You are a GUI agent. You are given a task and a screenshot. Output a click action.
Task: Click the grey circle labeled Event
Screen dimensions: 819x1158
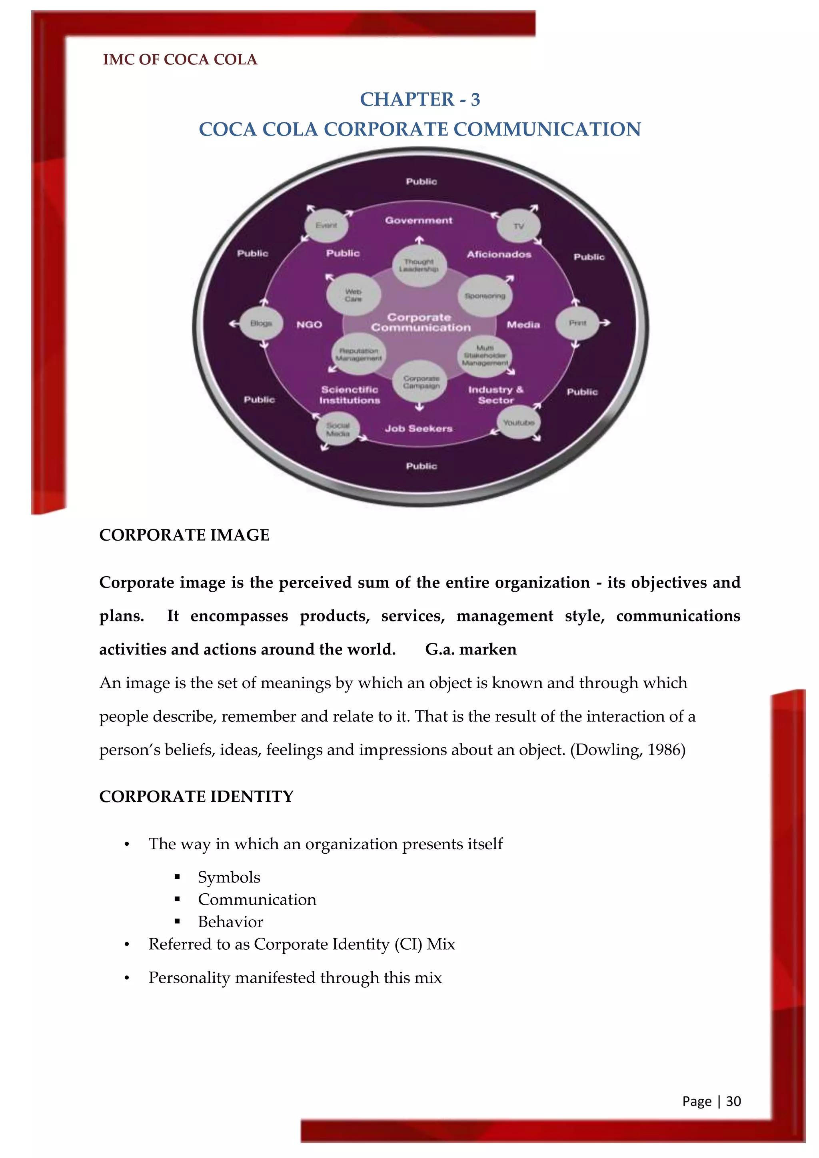[x=326, y=226]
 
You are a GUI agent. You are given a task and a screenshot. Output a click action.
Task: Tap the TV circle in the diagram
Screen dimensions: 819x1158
[x=518, y=226]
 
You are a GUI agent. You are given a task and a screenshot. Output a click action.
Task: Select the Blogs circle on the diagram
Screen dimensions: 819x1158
[x=261, y=323]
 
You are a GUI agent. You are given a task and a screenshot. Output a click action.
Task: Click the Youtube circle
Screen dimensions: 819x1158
[x=518, y=423]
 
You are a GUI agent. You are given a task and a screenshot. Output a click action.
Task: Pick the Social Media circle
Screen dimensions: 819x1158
[x=338, y=430]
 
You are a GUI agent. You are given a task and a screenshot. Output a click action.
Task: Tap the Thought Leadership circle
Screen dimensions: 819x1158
[x=419, y=265]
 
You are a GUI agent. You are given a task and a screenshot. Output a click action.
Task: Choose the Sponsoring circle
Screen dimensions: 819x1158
[x=485, y=296]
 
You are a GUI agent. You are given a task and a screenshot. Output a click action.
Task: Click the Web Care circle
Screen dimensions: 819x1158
[x=353, y=295]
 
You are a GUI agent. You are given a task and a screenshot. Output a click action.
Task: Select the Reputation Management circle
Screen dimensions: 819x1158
[x=359, y=354]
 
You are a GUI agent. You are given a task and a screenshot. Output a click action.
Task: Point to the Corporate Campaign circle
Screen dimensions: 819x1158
[x=421, y=382]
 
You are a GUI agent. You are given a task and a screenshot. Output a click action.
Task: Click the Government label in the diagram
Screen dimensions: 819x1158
[x=419, y=220]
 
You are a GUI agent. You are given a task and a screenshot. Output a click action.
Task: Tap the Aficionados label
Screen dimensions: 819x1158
[x=499, y=254]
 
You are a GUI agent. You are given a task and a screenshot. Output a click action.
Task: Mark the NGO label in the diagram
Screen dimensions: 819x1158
[x=309, y=324]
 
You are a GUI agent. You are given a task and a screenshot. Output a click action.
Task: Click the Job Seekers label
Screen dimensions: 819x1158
[x=419, y=428]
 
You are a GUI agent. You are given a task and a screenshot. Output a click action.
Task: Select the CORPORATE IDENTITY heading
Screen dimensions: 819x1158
[x=196, y=797]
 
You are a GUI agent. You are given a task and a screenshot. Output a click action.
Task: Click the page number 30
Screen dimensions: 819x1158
[x=733, y=1101]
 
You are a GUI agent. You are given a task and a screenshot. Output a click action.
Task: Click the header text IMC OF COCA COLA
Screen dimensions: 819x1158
[x=180, y=60]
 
